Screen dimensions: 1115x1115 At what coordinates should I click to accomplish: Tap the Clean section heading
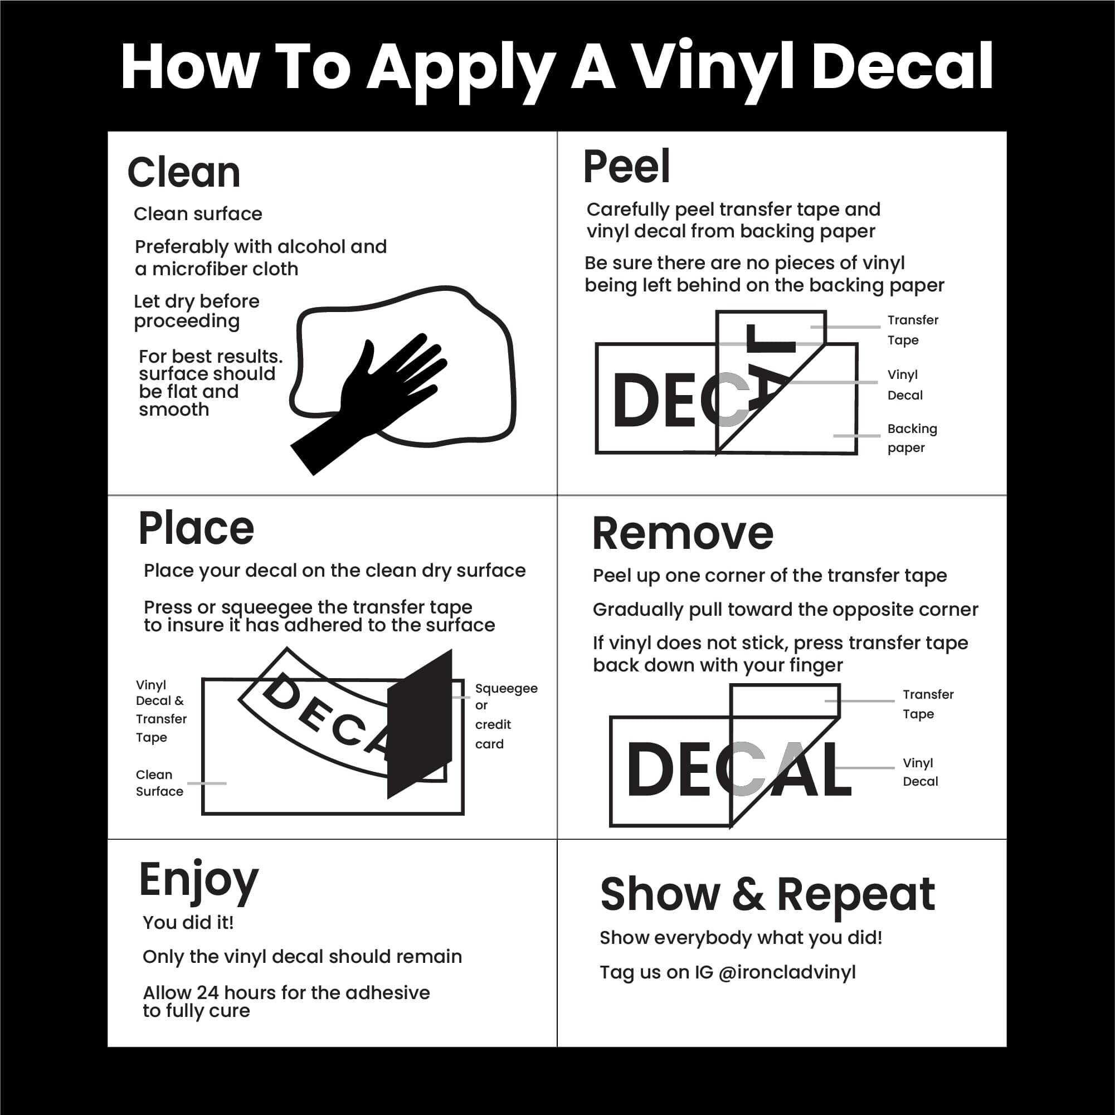click(183, 173)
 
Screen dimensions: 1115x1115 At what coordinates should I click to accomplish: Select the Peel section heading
click(627, 167)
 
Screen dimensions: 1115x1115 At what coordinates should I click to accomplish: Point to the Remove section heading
click(683, 533)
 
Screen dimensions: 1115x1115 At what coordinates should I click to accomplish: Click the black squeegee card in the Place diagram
click(420, 724)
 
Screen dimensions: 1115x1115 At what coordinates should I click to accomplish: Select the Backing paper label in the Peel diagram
click(911, 438)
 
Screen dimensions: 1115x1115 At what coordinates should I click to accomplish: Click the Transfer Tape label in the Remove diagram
click(927, 704)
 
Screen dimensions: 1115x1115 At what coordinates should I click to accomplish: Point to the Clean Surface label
click(159, 782)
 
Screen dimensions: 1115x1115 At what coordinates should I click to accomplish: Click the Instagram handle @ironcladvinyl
click(787, 972)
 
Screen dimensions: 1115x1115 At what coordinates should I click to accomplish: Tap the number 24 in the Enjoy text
click(208, 992)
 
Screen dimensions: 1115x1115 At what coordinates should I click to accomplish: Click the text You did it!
click(188, 922)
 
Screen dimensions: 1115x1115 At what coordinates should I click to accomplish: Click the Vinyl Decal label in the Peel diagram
click(904, 385)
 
